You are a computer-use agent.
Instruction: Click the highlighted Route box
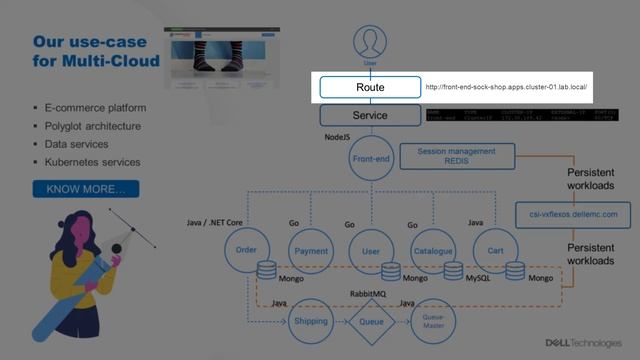(370, 88)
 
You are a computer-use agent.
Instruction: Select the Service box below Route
(370, 115)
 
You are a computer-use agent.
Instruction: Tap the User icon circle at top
(370, 42)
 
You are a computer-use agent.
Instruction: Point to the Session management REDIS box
(458, 156)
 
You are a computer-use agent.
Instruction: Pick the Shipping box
(310, 321)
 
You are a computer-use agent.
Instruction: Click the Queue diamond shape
(370, 321)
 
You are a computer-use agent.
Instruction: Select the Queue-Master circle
(432, 321)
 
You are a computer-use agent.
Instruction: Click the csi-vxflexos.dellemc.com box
(574, 214)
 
